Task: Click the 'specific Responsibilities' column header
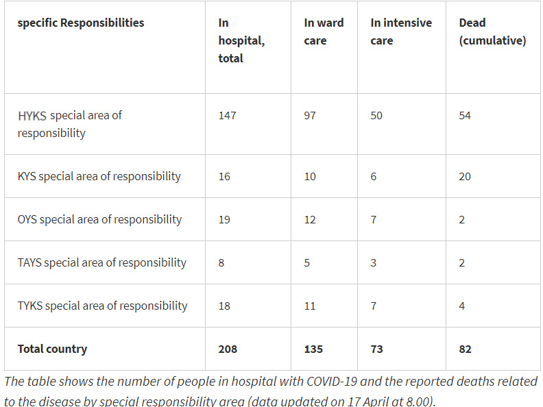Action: pos(81,23)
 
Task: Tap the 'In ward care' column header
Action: pos(324,32)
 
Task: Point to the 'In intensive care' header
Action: pos(401,32)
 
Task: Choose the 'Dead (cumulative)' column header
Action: pos(492,32)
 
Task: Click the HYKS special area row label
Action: pos(69,124)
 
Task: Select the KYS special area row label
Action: pos(99,176)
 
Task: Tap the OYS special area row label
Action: pos(99,219)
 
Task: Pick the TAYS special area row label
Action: pos(101,262)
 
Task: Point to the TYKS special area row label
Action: pos(102,306)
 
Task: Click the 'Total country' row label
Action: pos(51,349)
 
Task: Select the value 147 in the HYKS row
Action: pos(227,115)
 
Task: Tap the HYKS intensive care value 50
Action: pos(377,115)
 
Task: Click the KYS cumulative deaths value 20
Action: pos(465,176)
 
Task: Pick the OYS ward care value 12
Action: pos(310,219)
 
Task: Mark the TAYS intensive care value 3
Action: pos(374,262)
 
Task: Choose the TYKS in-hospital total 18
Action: pos(224,306)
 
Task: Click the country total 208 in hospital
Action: pos(228,349)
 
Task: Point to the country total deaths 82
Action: pos(465,349)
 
